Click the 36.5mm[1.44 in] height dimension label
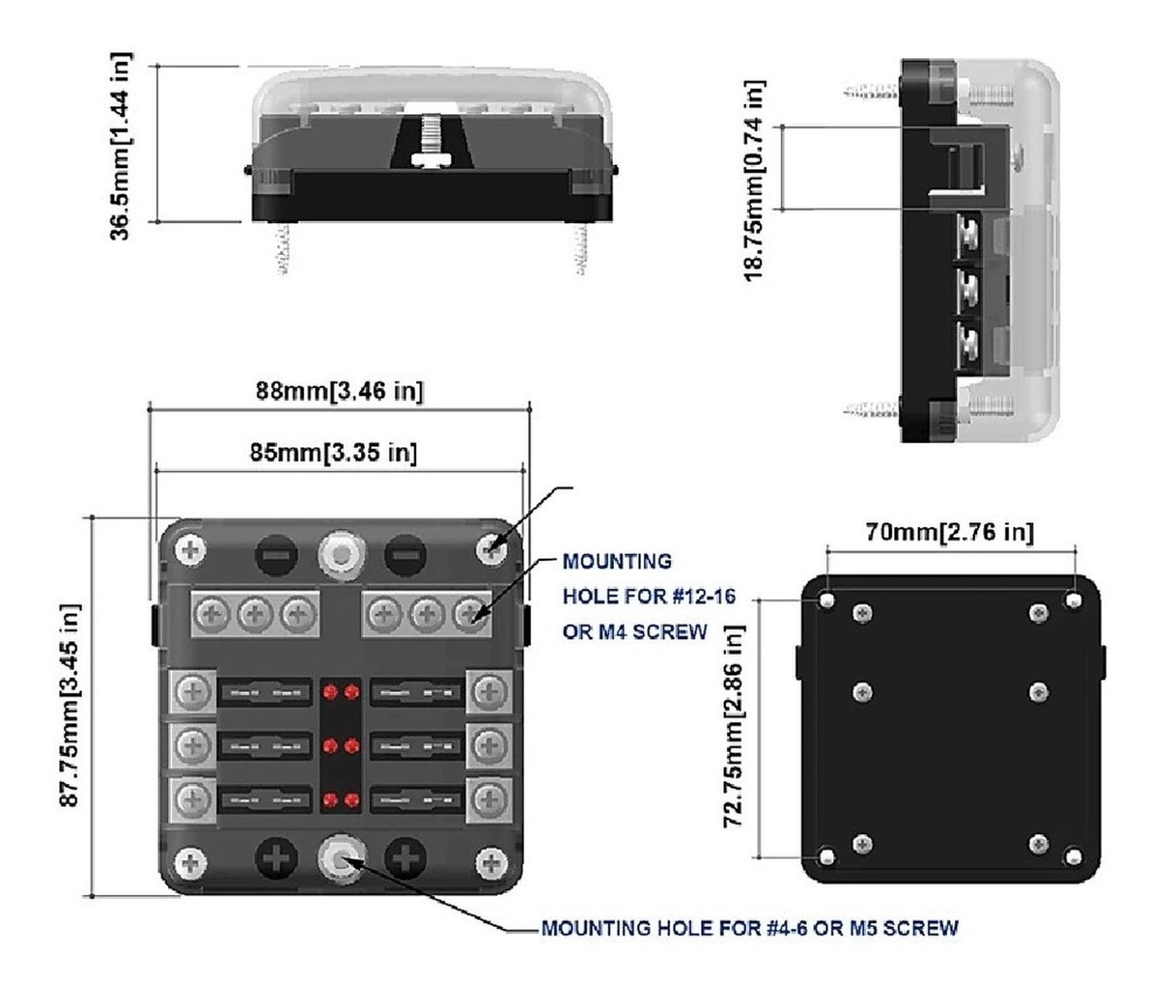tap(120, 146)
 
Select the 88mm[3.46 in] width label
tap(339, 391)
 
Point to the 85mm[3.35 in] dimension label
tap(333, 452)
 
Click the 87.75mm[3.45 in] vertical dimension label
tap(70, 704)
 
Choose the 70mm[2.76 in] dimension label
tap(949, 532)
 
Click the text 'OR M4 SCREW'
tap(634, 631)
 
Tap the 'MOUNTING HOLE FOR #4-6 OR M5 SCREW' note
tap(749, 927)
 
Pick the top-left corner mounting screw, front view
tap(191, 551)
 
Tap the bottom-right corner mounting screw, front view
tap(491, 862)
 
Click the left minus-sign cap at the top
tap(277, 555)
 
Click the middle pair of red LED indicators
tap(341, 745)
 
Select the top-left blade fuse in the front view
tap(265, 692)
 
